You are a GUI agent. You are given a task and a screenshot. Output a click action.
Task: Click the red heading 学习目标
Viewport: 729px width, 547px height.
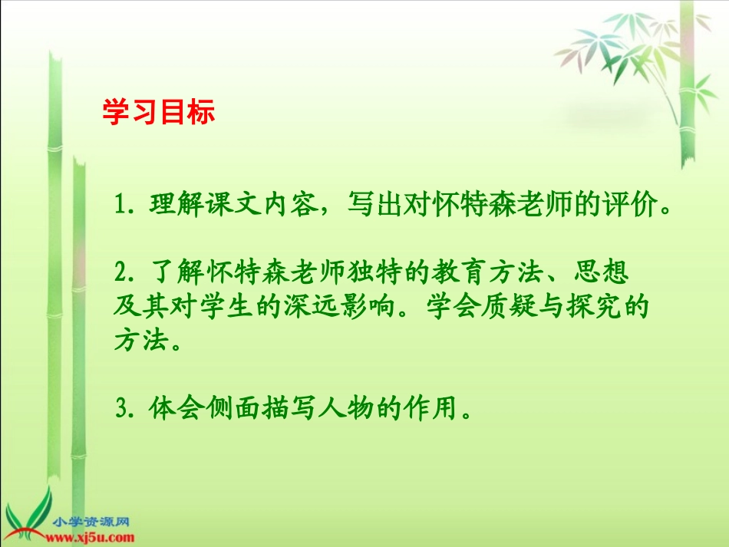159,112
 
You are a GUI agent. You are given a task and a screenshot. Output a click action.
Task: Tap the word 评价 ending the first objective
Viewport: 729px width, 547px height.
628,206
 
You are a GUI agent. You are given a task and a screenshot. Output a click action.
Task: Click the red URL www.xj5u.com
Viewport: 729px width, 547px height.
90,537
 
